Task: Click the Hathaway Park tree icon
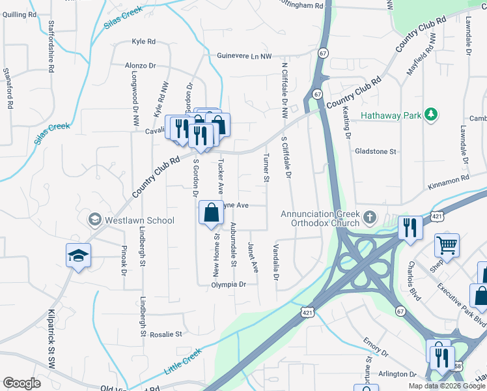pos(430,115)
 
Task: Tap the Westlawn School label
pos(138,220)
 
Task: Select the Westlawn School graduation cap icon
pos(95,219)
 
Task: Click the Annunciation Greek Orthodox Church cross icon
pos(369,216)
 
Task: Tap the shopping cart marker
pos(447,246)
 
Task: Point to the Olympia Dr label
pos(229,285)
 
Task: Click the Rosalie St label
pos(166,334)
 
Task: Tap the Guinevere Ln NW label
pos(244,57)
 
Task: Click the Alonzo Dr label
pos(141,66)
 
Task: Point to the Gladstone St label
pos(376,151)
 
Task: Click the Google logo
pos(21,383)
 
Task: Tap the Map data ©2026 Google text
pos(447,386)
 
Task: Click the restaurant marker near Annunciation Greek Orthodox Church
pos(410,228)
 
